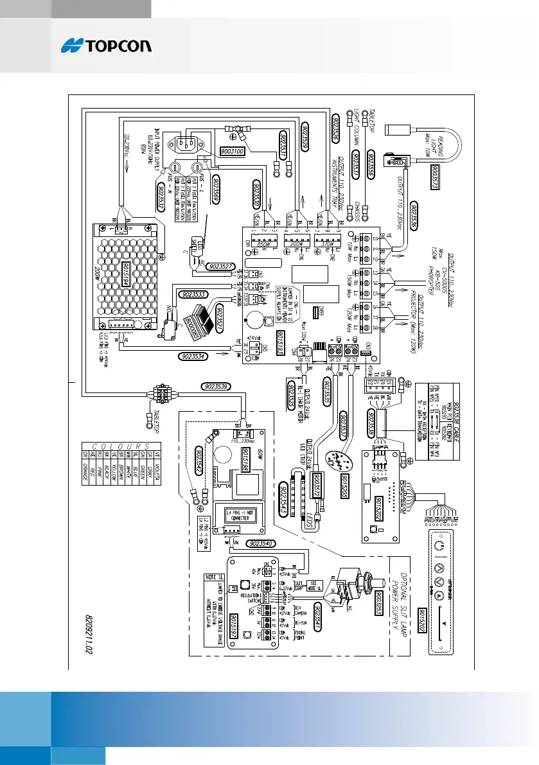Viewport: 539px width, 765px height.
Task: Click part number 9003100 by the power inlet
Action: click(x=233, y=152)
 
